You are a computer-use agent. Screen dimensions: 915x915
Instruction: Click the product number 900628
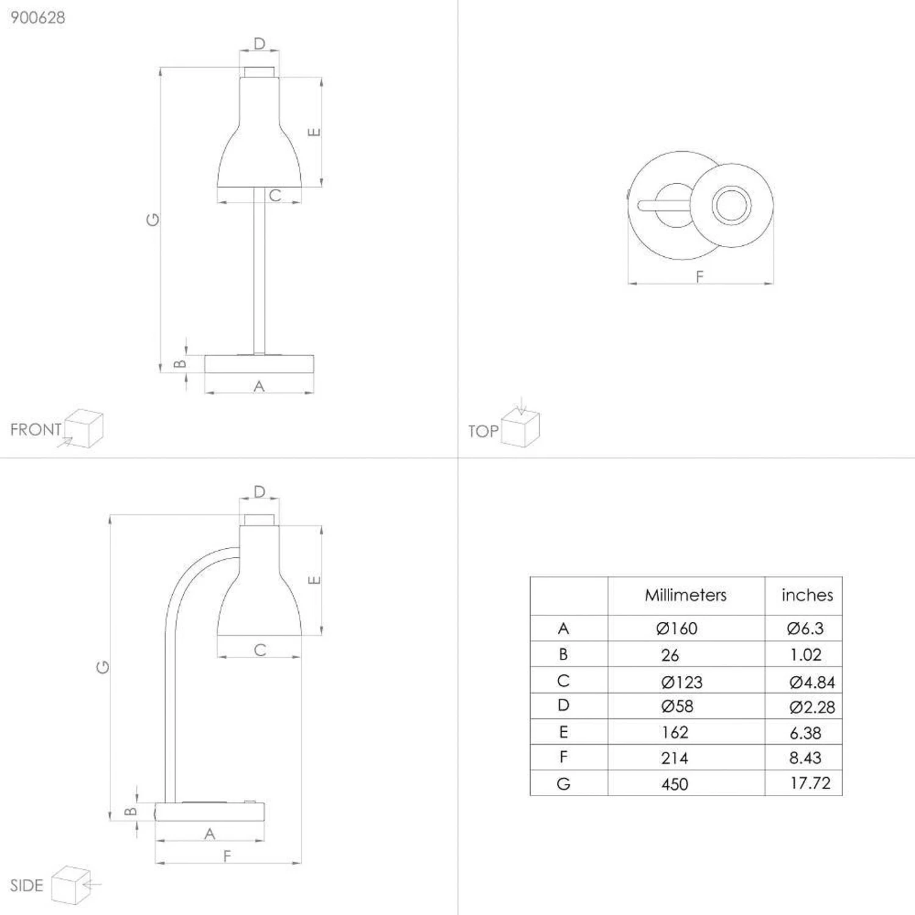tap(38, 18)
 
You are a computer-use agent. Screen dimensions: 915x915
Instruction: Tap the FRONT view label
tap(35, 429)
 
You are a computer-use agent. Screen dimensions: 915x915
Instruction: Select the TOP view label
tap(483, 431)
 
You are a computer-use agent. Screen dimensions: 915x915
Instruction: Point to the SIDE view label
tap(27, 885)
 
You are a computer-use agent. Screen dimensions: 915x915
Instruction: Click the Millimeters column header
tap(686, 595)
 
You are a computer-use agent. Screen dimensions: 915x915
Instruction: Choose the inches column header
tap(806, 595)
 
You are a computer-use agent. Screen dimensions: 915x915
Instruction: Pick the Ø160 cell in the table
tap(676, 628)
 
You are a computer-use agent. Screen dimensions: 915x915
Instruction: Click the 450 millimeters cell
tap(675, 784)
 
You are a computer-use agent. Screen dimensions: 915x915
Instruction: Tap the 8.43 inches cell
tap(805, 758)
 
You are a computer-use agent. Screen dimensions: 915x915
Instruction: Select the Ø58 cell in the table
tap(677, 706)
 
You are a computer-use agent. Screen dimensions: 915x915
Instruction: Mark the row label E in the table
tap(563, 732)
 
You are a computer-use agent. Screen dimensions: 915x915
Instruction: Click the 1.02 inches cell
tap(805, 655)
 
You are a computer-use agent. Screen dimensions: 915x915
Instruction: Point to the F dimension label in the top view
tap(700, 276)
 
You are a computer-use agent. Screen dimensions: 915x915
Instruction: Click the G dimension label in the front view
tap(152, 219)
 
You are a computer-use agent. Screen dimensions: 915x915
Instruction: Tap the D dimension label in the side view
tap(259, 492)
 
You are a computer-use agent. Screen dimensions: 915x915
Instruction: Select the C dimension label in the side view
tap(260, 650)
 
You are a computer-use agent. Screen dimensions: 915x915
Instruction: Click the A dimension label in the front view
tap(259, 386)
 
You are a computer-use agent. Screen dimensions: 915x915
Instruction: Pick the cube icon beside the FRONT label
tap(84, 428)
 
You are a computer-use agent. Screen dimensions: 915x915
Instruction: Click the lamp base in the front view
tap(259, 364)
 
